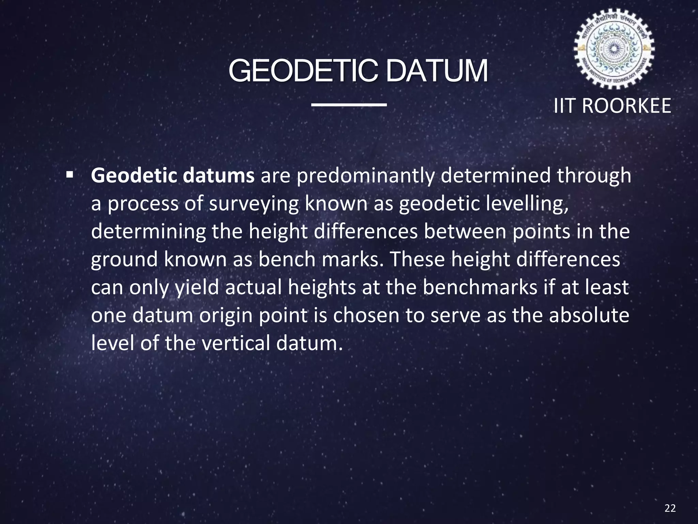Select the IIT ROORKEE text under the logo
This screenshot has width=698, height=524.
click(612, 106)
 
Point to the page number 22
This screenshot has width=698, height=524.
click(670, 508)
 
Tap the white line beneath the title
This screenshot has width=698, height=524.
click(349, 104)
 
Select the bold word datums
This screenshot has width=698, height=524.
click(218, 176)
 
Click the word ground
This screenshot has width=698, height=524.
click(124, 260)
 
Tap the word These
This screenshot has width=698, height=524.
click(416, 260)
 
